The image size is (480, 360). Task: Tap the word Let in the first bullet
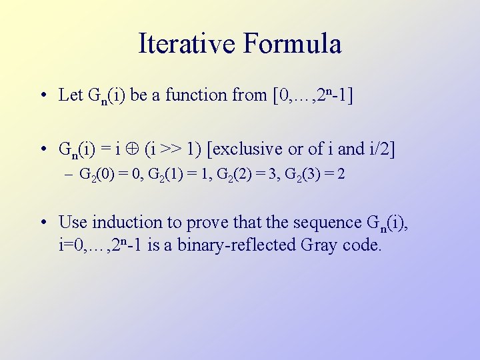pyautogui.click(x=71, y=95)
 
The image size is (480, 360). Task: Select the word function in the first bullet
pyautogui.click(x=195, y=95)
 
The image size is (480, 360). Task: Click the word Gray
pyautogui.click(x=319, y=245)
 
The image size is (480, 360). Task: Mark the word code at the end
pyautogui.click(x=361, y=245)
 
